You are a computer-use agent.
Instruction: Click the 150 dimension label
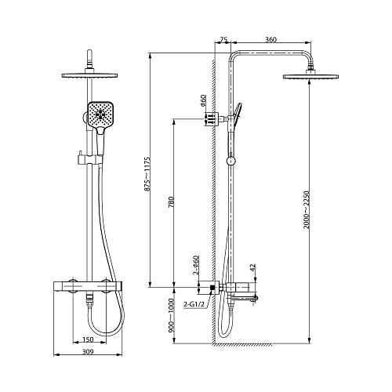(88, 339)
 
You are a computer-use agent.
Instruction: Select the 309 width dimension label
(88, 351)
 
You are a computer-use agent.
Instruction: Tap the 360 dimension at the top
(270, 39)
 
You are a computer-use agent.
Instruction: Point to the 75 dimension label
(223, 39)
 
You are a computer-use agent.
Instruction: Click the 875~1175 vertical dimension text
(147, 174)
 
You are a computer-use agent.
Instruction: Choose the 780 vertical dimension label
(171, 201)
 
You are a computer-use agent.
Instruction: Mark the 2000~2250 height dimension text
(306, 210)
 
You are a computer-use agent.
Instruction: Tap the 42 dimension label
(252, 267)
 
